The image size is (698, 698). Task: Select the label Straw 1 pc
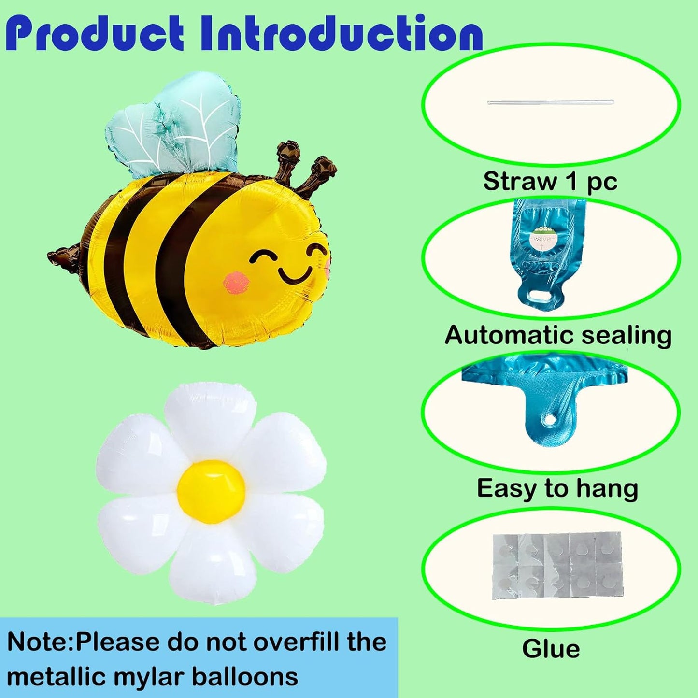pos(550,181)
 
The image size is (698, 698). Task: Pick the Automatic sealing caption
pos(558,335)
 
